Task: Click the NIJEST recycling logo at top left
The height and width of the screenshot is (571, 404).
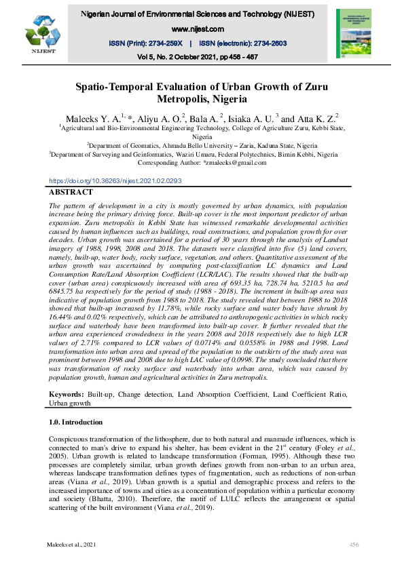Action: (41, 33)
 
